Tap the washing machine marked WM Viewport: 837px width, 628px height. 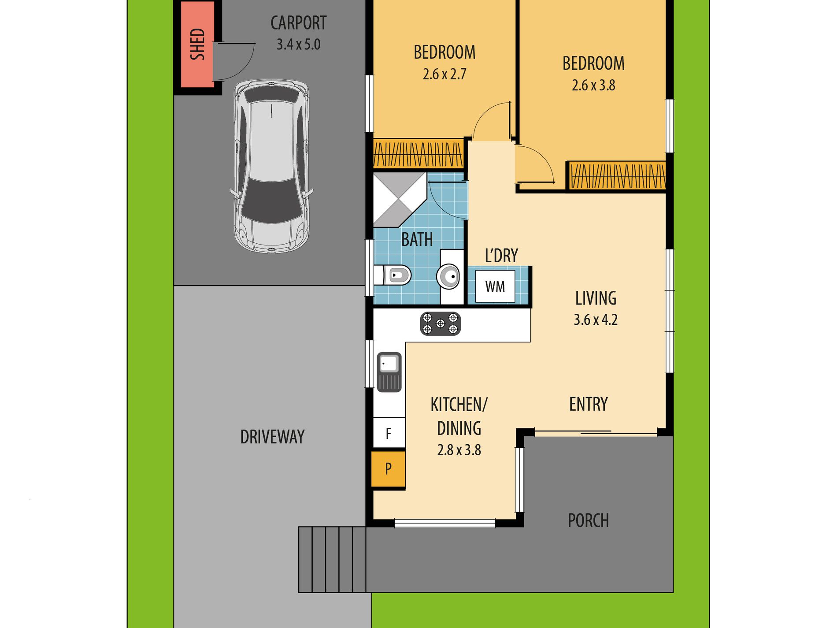point(495,286)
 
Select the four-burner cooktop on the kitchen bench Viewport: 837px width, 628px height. point(440,323)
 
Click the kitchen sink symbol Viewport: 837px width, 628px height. point(389,372)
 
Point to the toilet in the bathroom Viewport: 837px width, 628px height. point(395,275)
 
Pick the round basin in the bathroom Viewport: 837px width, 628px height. point(448,277)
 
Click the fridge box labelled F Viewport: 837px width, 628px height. point(388,433)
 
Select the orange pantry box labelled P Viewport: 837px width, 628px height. point(388,468)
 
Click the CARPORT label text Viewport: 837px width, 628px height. point(298,23)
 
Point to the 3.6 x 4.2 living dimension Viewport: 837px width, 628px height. point(595,320)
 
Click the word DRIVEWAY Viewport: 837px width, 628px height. point(272,437)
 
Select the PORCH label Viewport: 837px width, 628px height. point(588,520)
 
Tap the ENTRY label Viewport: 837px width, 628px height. point(588,404)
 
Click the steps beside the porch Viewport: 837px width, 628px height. point(332,559)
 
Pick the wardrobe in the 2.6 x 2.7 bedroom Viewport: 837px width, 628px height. point(418,154)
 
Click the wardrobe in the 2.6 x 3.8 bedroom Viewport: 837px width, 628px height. point(617,176)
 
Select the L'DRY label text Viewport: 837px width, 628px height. point(501,256)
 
